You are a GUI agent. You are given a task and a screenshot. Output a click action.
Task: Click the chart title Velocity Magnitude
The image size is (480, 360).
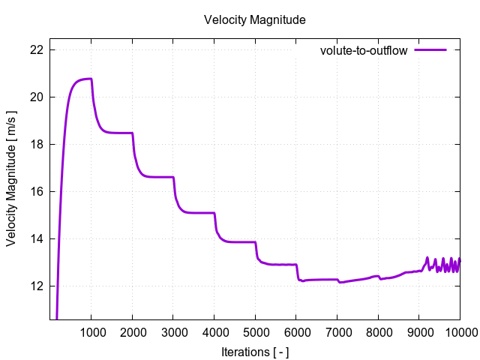255,20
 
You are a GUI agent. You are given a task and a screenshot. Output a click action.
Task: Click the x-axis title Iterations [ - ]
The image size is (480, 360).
255,352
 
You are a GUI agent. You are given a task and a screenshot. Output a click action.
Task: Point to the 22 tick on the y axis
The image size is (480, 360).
34,50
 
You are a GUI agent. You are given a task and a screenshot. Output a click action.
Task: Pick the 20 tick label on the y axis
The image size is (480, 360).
34,97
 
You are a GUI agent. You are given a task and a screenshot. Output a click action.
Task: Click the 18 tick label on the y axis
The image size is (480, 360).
34,145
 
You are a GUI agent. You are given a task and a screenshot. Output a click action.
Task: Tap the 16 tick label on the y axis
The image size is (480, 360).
34,192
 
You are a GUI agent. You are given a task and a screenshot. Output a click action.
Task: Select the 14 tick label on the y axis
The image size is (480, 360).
34,239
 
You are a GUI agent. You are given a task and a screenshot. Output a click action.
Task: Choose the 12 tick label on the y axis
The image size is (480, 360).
34,286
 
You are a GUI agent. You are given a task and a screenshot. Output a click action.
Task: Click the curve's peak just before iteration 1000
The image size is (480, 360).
88,79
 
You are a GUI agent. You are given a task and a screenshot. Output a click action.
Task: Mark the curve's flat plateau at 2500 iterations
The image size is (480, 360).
153,177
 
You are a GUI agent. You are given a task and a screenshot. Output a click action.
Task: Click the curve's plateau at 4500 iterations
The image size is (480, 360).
235,242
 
